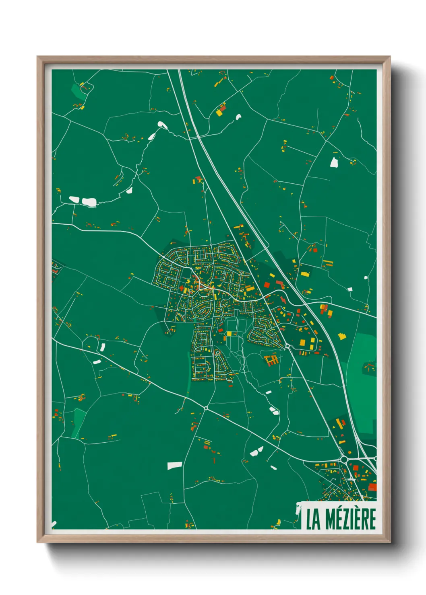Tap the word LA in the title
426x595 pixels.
click(313, 519)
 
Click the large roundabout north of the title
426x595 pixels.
click(344, 459)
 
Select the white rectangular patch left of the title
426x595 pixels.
click(174, 466)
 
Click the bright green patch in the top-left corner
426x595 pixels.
click(78, 91)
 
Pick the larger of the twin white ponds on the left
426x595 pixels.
click(89, 202)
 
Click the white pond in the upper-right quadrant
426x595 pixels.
click(334, 162)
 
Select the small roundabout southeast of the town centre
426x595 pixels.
click(287, 346)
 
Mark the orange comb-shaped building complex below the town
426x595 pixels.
click(271, 359)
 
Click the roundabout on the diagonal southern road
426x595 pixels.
click(206, 408)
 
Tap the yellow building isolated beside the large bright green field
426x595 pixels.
click(342, 336)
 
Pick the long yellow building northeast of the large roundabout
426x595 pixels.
click(340, 423)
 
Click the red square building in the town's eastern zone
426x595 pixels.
click(267, 285)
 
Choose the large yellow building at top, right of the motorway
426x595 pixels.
click(220, 111)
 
